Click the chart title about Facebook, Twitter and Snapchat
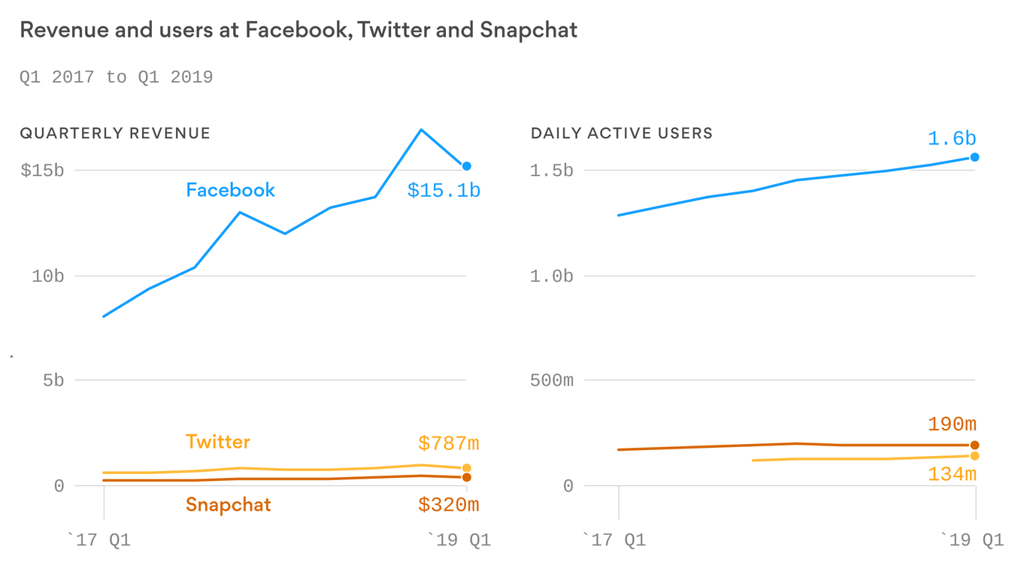pyautogui.click(x=298, y=31)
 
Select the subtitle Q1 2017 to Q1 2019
pyautogui.click(x=116, y=77)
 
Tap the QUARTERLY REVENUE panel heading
pyautogui.click(x=115, y=134)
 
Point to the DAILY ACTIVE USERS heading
pyautogui.click(x=621, y=134)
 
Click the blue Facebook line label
pyautogui.click(x=230, y=190)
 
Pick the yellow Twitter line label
pyautogui.click(x=218, y=442)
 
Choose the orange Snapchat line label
pyautogui.click(x=228, y=504)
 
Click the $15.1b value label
pyautogui.click(x=444, y=191)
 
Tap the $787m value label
pyautogui.click(x=448, y=444)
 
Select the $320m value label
pyautogui.click(x=448, y=505)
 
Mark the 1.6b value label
pyautogui.click(x=951, y=139)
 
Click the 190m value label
pyautogui.click(x=951, y=425)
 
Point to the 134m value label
pyautogui.click(x=951, y=474)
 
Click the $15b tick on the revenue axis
pyautogui.click(x=42, y=171)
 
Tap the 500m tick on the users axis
pyautogui.click(x=551, y=380)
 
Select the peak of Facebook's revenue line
pyautogui.click(x=421, y=130)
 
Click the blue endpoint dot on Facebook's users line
pyautogui.click(x=974, y=157)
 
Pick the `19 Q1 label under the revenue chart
pyautogui.click(x=459, y=540)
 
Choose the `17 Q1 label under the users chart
pyautogui.click(x=614, y=540)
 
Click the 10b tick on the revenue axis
pyautogui.click(x=47, y=276)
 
